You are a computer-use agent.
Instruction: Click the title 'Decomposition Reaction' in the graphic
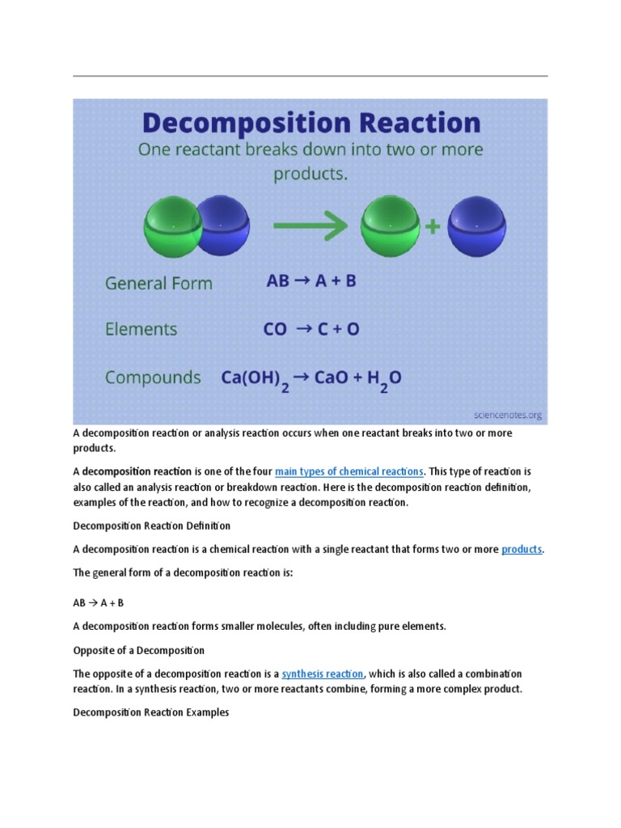311,123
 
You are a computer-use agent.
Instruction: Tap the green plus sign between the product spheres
433,227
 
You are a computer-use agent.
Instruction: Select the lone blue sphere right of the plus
476,226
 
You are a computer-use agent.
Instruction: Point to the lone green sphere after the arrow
391,226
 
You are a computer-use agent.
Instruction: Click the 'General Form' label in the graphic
158,284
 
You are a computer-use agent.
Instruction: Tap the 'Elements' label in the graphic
141,329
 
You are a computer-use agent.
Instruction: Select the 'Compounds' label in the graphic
153,377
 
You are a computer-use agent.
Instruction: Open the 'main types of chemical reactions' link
349,471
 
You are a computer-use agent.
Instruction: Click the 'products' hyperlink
522,550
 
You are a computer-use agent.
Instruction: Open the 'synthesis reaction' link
323,674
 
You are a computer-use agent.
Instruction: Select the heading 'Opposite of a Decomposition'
138,650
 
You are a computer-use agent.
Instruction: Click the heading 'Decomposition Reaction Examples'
151,713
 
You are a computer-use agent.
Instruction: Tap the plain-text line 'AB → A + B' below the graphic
99,603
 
